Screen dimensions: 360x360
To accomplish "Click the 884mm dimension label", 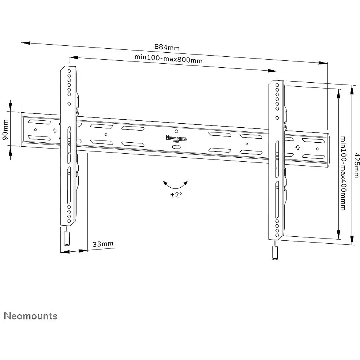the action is click(167, 47).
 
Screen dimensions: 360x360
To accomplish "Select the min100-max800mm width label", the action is click(169, 59).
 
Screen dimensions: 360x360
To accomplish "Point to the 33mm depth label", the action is click(103, 244).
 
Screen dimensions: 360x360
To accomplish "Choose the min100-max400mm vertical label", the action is click(343, 173).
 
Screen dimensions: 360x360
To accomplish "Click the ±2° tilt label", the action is click(176, 195).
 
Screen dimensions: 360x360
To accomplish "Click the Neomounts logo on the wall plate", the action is click(176, 138).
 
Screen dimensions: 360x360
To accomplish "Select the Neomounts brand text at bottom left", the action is click(31, 316).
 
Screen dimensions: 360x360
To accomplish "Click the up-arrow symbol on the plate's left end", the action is click(55, 130).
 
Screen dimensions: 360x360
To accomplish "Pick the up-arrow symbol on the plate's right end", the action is click(297, 147).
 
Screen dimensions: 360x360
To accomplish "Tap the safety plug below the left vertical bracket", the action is click(67, 239).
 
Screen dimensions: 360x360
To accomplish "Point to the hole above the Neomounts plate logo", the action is click(176, 131).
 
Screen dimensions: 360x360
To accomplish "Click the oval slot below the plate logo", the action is click(176, 147).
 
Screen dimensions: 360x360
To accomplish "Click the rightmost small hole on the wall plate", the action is click(317, 149).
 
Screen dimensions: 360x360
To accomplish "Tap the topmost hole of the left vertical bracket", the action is click(69, 70).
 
